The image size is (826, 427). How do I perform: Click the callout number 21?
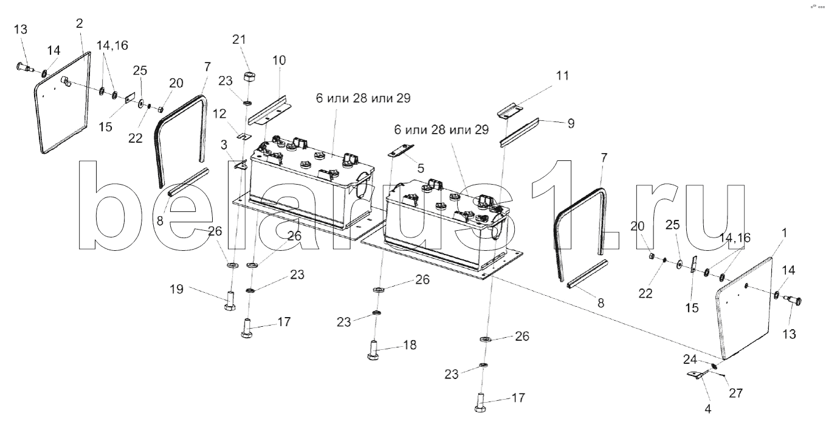pyautogui.click(x=239, y=39)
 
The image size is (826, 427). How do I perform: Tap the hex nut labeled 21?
pyautogui.click(x=250, y=77)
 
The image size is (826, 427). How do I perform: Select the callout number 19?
pyautogui.click(x=176, y=289)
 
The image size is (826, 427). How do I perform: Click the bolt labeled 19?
pyautogui.click(x=230, y=301)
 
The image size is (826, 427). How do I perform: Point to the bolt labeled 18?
pyautogui.click(x=373, y=350)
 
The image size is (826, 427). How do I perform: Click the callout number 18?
pyautogui.click(x=410, y=345)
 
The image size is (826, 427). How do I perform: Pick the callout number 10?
pyautogui.click(x=279, y=60)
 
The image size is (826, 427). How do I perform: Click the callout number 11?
pyautogui.click(x=562, y=75)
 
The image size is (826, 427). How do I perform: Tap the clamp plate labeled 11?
pyautogui.click(x=511, y=112)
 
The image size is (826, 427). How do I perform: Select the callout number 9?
pyautogui.click(x=571, y=123)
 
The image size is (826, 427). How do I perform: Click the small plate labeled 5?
pyautogui.click(x=401, y=150)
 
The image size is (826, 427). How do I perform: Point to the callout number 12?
pyautogui.click(x=219, y=114)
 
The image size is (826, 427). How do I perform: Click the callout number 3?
pyautogui.click(x=224, y=145)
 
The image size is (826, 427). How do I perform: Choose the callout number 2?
pyautogui.click(x=79, y=23)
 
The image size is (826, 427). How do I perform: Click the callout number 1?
pyautogui.click(x=784, y=233)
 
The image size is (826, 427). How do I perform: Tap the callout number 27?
pyautogui.click(x=735, y=393)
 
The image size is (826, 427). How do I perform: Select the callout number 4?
pyautogui.click(x=707, y=409)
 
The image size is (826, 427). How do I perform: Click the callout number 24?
pyautogui.click(x=690, y=359)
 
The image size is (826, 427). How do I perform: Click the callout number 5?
pyautogui.click(x=421, y=168)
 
